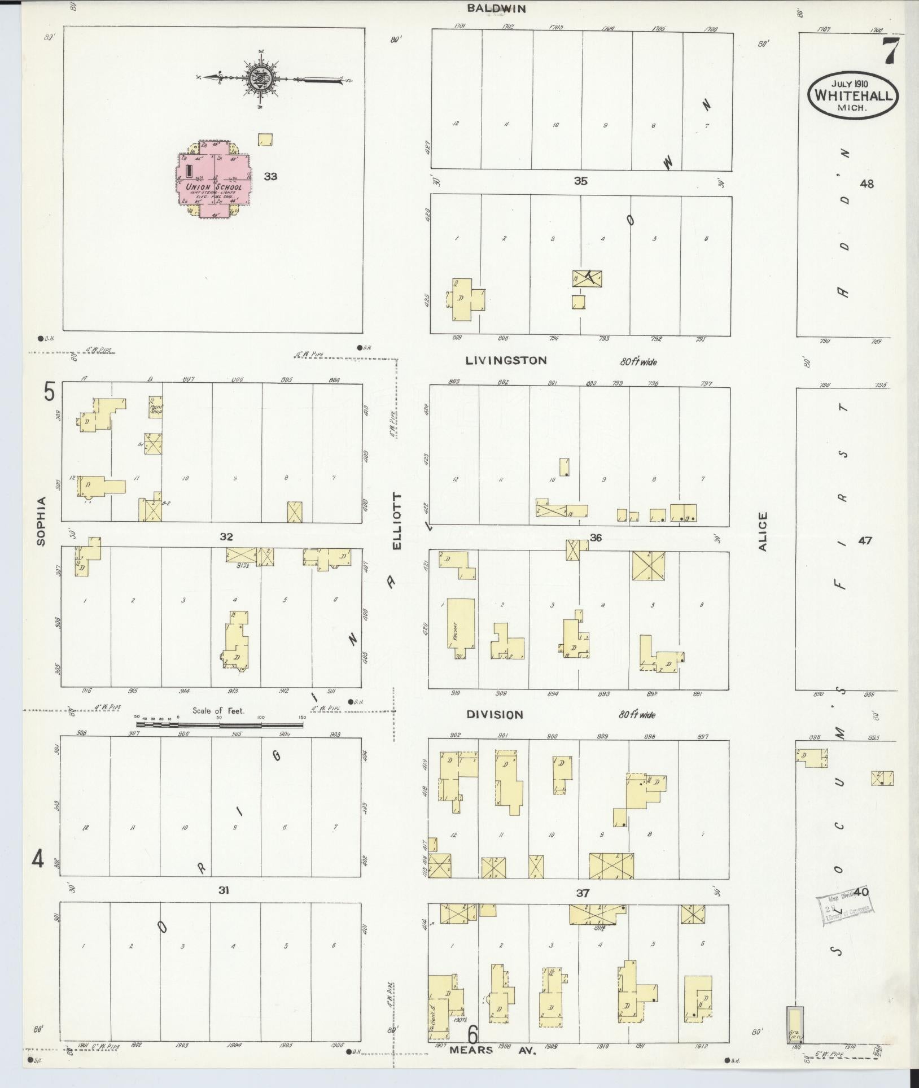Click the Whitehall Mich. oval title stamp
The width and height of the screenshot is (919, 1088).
click(x=852, y=94)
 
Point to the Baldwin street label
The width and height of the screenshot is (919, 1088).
click(x=497, y=8)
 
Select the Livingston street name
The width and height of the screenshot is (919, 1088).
click(x=506, y=360)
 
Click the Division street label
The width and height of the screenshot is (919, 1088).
click(x=494, y=714)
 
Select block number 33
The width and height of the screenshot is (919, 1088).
click(x=270, y=176)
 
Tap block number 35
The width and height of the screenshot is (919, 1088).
click(x=580, y=181)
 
